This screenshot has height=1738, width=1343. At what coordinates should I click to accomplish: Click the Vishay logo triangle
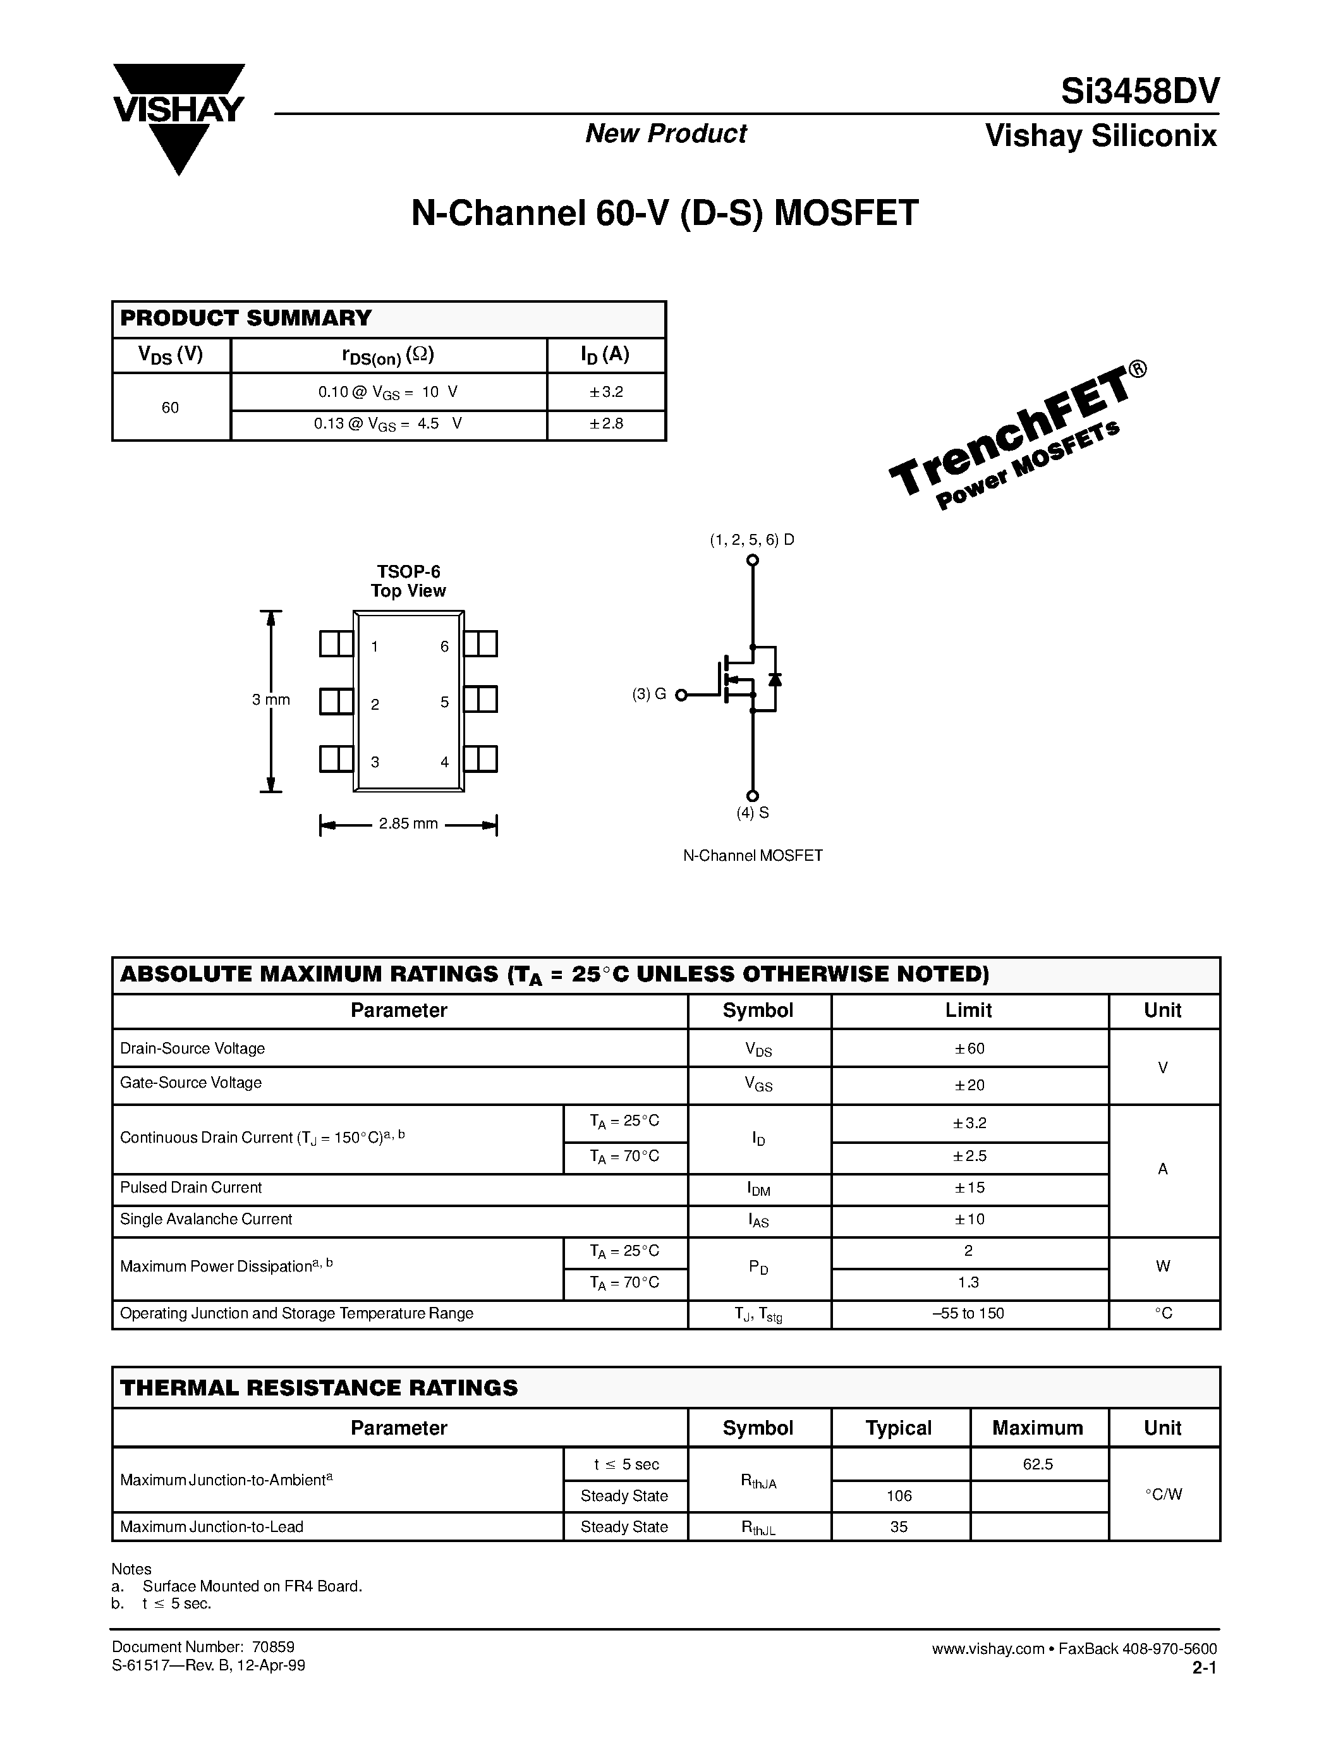point(178,119)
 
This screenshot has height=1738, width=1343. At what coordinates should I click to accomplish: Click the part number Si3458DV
point(1139,92)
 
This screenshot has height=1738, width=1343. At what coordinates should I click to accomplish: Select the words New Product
point(666,134)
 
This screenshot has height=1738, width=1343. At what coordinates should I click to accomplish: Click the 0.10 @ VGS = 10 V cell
point(387,392)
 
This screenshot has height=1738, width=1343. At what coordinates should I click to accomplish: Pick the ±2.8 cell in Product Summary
point(606,424)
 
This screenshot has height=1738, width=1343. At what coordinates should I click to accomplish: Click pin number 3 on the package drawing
point(375,762)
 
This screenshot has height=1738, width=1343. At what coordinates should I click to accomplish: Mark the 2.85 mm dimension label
point(408,823)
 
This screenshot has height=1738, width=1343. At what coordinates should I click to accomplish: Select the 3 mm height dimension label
point(270,700)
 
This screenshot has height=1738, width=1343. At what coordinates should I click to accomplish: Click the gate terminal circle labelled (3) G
point(681,695)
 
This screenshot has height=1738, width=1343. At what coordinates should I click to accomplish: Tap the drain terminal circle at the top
point(752,560)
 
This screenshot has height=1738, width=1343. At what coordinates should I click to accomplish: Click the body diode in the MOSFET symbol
point(775,679)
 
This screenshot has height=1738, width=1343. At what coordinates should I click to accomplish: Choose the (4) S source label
point(752,813)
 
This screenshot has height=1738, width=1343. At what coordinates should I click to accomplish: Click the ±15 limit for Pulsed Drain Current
point(969,1188)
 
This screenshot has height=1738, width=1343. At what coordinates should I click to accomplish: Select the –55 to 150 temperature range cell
point(968,1314)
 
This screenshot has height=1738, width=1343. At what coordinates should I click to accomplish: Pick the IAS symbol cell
point(758,1220)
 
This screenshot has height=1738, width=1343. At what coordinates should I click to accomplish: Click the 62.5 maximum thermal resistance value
point(1038,1464)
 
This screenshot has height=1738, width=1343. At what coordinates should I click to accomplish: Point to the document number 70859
point(273,1647)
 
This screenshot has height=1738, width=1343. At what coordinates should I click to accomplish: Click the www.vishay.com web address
point(987,1650)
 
